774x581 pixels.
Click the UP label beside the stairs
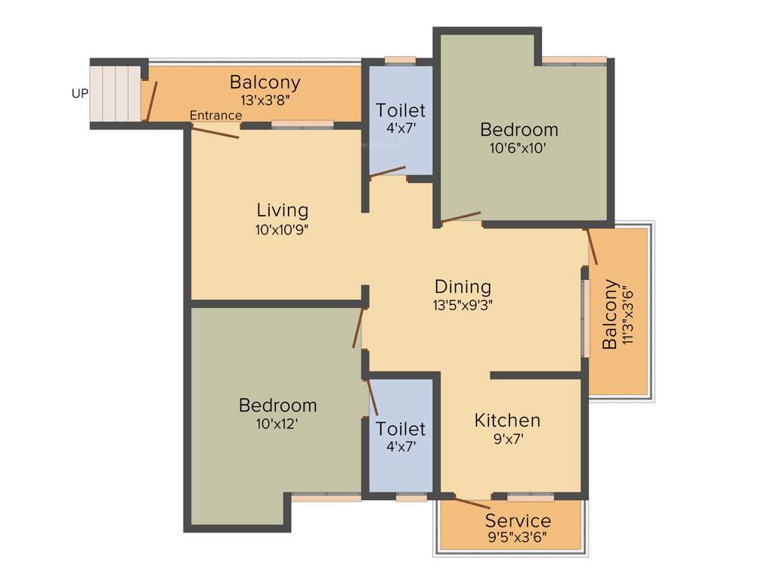click(79, 94)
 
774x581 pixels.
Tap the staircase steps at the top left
click(115, 93)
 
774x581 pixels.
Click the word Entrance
click(215, 115)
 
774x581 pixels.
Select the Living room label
click(282, 210)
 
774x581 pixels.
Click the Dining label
click(463, 287)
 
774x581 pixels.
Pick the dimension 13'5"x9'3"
click(463, 306)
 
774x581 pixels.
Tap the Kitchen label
click(507, 420)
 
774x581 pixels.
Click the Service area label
click(518, 520)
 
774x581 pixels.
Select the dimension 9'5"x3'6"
click(518, 538)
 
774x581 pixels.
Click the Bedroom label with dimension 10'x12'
click(277, 405)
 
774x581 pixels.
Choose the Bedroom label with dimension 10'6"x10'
click(519, 129)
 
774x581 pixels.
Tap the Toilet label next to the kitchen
click(401, 429)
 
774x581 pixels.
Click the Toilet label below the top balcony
click(401, 110)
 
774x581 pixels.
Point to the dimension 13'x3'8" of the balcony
click(265, 98)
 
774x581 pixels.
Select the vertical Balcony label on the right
click(609, 315)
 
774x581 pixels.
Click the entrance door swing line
click(215, 132)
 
